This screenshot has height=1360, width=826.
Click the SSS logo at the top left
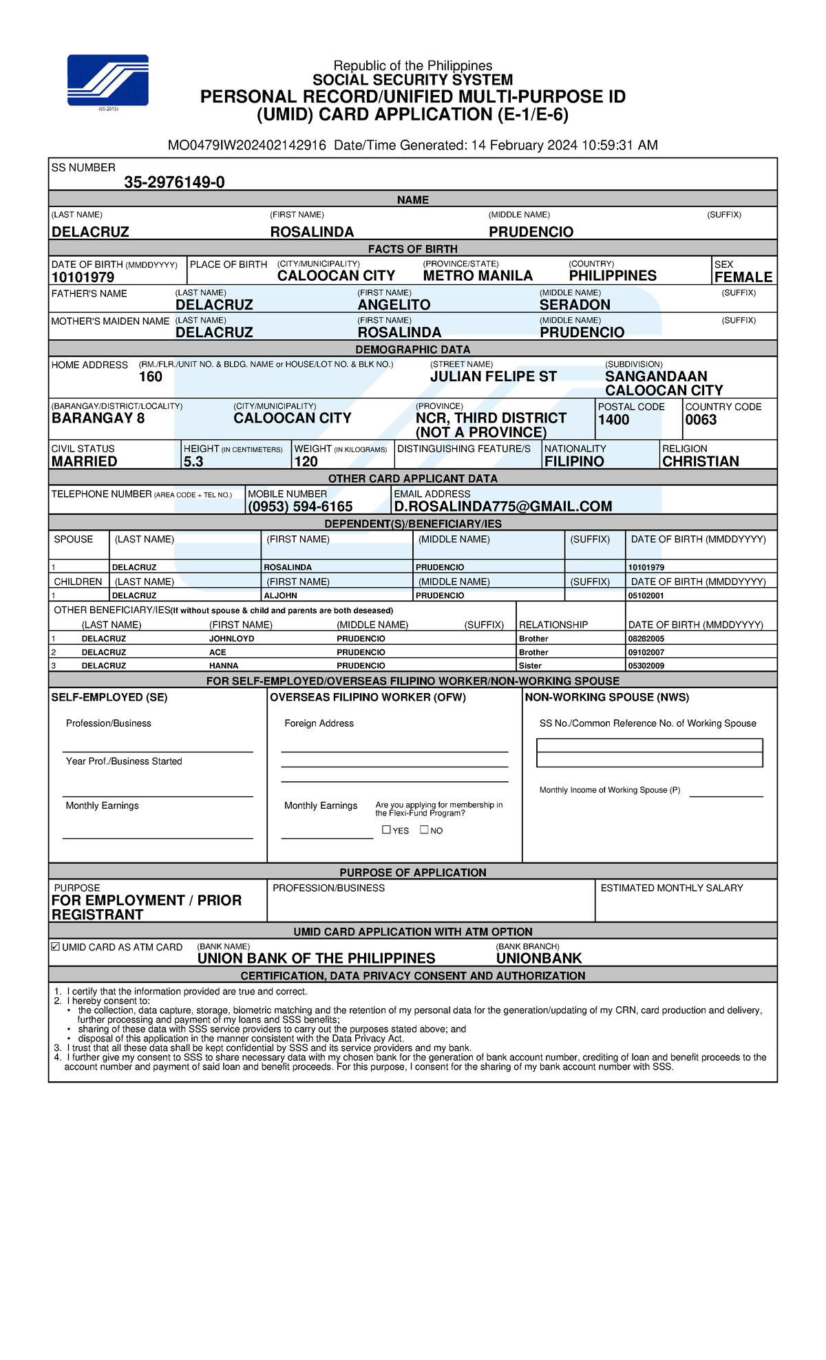107,80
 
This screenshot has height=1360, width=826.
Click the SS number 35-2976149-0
174,182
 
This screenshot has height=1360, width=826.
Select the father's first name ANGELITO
394,305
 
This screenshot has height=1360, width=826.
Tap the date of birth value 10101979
83,277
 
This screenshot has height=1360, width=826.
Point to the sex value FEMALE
743,277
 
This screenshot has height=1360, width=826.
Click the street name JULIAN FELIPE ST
494,376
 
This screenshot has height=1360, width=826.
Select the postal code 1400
613,420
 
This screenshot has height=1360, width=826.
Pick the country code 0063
701,420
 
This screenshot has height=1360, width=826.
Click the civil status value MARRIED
84,462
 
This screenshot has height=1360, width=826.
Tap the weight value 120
306,462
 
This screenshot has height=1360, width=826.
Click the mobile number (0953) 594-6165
300,507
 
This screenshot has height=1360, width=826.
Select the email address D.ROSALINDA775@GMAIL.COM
502,507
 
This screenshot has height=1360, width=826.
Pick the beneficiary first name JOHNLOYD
231,639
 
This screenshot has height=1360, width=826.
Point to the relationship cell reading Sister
530,666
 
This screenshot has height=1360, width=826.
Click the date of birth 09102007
646,652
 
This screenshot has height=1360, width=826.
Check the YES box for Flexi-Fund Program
386,829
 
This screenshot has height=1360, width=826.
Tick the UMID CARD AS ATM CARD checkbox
56,946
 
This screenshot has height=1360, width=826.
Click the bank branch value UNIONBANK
539,958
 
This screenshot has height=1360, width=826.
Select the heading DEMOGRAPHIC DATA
412,350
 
